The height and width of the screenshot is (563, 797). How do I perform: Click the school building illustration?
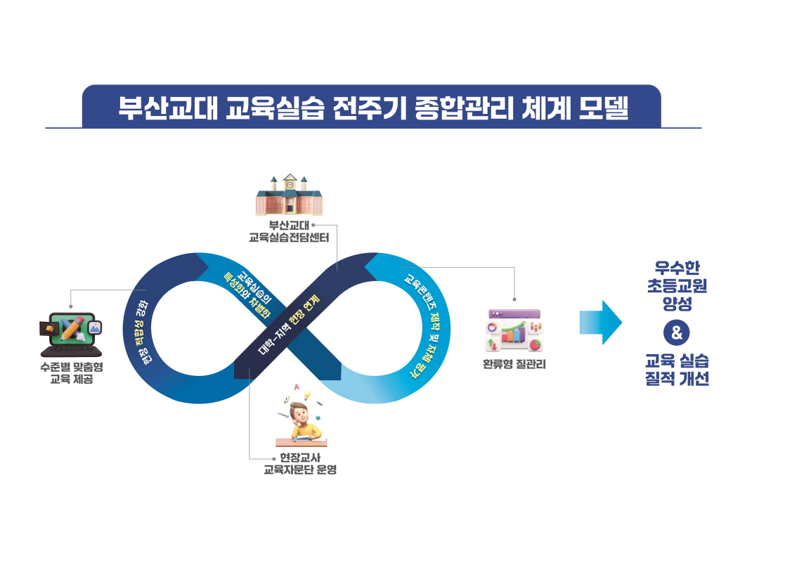(289, 195)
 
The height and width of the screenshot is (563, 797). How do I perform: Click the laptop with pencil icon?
(71, 335)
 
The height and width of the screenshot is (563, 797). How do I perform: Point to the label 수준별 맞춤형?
(71, 367)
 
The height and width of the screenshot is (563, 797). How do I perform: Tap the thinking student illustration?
(301, 418)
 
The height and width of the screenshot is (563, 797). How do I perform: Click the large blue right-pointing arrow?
(600, 323)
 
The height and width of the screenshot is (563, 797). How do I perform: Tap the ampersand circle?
(676, 333)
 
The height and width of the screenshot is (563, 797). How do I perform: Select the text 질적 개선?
(676, 380)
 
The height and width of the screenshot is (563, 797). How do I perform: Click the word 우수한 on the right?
(676, 268)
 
